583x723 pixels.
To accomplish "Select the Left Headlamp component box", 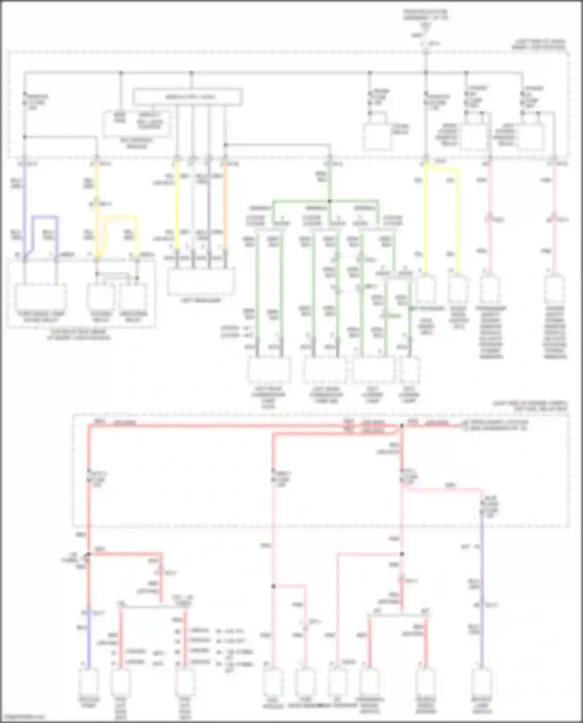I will point(201,281).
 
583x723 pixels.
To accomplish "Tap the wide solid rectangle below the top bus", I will point(188,97).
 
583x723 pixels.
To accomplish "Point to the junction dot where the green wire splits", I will point(329,201).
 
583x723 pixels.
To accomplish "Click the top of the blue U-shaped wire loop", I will point(45,217).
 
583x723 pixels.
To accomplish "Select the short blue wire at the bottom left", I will point(88,641).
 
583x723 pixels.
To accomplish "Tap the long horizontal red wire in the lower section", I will point(241,426).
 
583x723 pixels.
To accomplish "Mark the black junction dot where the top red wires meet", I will point(402,426).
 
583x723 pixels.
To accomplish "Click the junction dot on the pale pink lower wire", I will point(273,586).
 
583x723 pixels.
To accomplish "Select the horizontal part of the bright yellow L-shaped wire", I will point(443,169).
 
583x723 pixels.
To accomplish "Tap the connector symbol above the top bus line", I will point(426,44).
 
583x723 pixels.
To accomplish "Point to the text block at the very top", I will point(425,16).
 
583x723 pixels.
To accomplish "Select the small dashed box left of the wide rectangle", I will point(137,123).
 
